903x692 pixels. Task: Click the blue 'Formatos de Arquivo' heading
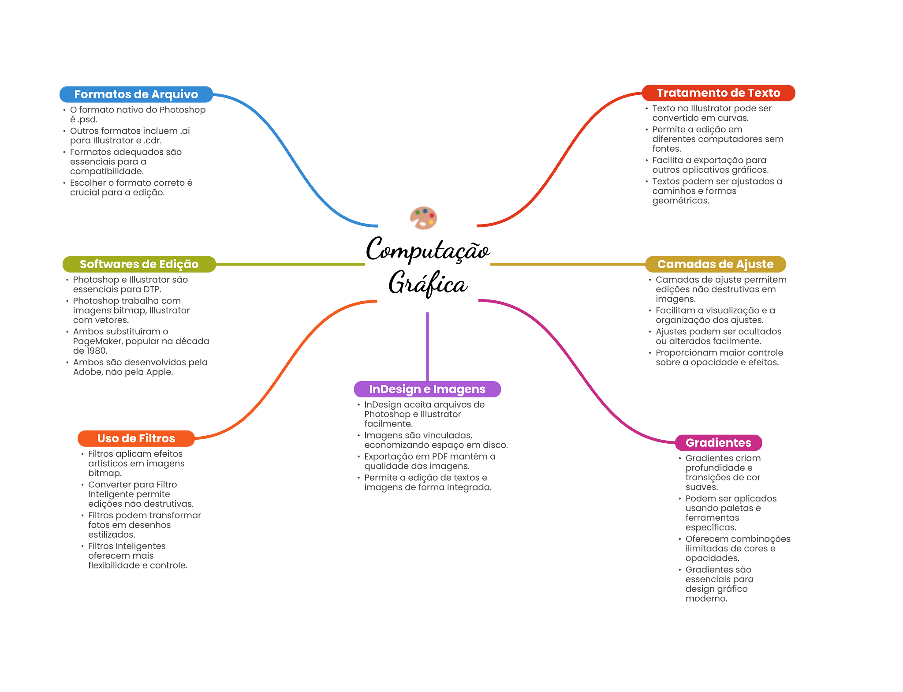coord(136,94)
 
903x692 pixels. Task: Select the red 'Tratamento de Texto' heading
coord(718,93)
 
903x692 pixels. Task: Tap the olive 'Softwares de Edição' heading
coord(139,264)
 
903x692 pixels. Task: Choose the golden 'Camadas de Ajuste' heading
coord(715,264)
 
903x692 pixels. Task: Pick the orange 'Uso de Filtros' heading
coord(136,438)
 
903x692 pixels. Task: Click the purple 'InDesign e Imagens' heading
coord(427,389)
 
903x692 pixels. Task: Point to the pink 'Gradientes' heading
coord(718,443)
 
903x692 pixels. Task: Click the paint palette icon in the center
coord(424,218)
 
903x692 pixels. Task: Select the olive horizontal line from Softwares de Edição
coord(291,264)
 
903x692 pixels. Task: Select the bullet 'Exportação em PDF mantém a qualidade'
coord(430,461)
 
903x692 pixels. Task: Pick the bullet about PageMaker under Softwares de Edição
coord(141,341)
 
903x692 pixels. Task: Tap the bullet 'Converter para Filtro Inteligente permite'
coord(141,494)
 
